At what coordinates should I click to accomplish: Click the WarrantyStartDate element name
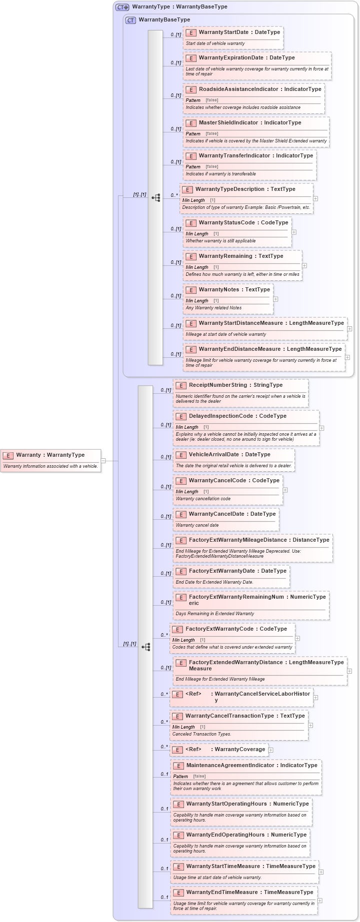pos(223,32)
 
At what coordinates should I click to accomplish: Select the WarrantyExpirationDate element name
pos(231,58)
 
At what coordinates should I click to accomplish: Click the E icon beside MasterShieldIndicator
pos(190,123)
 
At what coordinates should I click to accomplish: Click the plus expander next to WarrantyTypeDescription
pos(315,198)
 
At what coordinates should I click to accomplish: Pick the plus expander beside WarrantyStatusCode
pos(294,232)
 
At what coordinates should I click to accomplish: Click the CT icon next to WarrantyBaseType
pos(130,20)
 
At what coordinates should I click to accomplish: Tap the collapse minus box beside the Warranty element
pos(103,461)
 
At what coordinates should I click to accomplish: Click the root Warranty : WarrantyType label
pos(50,455)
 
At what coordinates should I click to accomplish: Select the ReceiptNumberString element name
pos(218,385)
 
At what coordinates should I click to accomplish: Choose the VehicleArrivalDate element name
pos(214,455)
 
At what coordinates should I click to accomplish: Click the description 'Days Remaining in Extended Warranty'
pos(214,614)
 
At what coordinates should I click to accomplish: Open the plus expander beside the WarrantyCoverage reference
pos(271,750)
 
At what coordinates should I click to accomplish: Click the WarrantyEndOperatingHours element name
pos(225,835)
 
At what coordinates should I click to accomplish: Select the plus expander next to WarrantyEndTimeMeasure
pos(320,901)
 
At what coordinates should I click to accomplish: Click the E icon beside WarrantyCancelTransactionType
pos(177,716)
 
